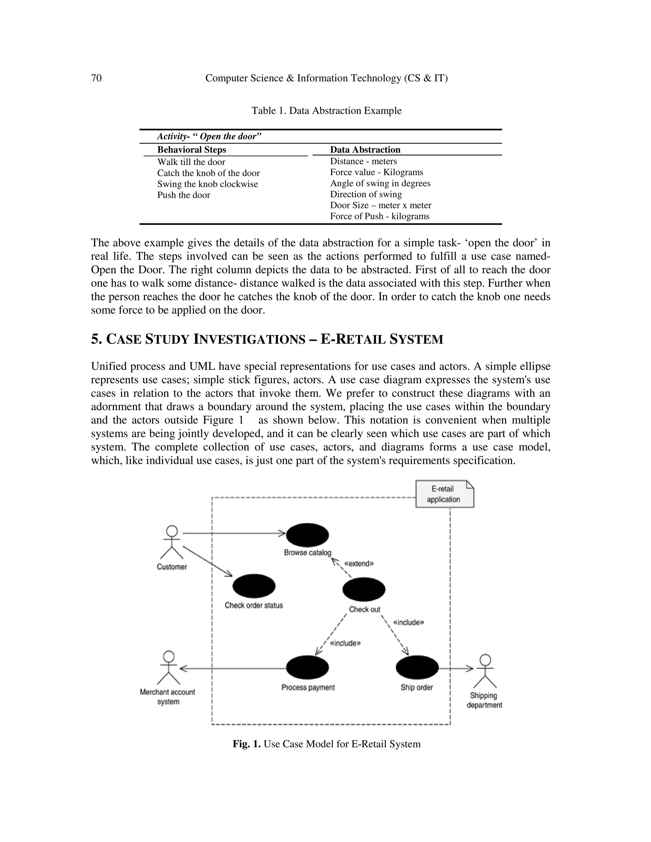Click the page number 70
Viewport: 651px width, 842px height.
96,78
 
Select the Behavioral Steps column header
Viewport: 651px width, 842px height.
192,150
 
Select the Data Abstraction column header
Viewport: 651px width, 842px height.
365,150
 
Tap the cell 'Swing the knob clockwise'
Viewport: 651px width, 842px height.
208,184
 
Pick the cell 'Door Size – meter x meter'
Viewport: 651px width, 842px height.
380,206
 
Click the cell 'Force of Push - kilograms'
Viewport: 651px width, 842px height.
380,216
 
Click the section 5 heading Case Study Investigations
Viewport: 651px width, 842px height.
267,339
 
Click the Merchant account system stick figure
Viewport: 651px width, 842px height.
168,668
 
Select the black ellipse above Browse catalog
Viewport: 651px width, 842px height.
307,535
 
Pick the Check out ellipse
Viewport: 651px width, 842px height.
364,589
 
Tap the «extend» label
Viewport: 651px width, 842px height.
359,564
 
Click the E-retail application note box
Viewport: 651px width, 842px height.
444,494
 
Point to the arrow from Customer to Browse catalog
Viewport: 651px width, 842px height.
233,533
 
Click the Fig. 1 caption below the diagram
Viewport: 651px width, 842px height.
326,744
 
